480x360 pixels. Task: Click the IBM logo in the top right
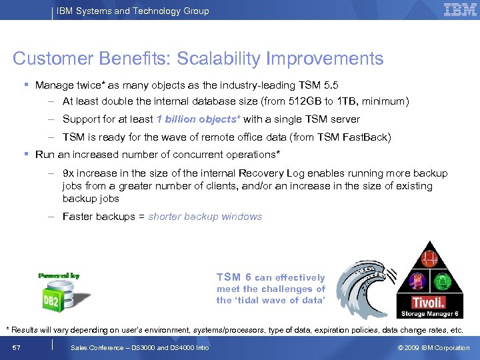click(x=460, y=10)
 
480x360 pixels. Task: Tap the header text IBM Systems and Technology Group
click(x=133, y=11)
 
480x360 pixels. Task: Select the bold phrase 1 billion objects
click(x=198, y=119)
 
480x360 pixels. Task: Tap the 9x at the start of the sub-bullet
click(x=69, y=173)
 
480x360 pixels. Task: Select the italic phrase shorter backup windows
click(x=205, y=217)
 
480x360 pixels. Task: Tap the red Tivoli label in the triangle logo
click(x=428, y=301)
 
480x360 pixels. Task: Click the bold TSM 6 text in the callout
click(x=233, y=277)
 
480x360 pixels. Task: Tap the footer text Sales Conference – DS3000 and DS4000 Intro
click(x=139, y=347)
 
